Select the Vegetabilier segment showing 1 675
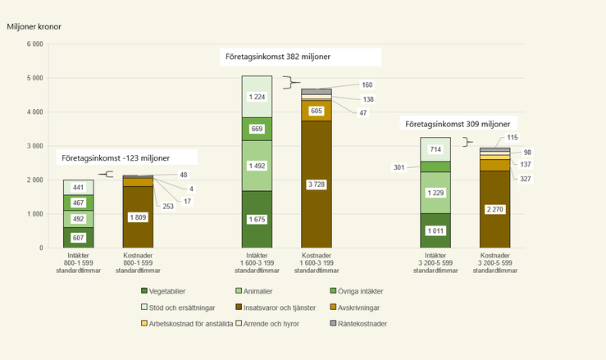pyautogui.click(x=257, y=219)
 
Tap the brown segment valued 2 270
pyautogui.click(x=494, y=209)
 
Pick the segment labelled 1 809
pyautogui.click(x=138, y=217)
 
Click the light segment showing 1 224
pyautogui.click(x=257, y=96)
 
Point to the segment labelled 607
pyautogui.click(x=79, y=237)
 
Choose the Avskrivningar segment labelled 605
pyautogui.click(x=316, y=111)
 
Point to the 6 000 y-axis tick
pyautogui.click(x=34, y=44)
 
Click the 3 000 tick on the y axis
pyautogui.click(x=34, y=146)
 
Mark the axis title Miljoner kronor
pyautogui.click(x=34, y=26)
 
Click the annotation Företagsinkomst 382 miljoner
pyautogui.click(x=302, y=57)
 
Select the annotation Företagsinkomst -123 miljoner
pyautogui.click(x=128, y=157)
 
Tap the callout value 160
pyautogui.click(x=367, y=84)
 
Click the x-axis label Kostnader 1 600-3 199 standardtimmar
pyautogui.click(x=316, y=263)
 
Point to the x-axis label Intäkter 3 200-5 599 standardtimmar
pyautogui.click(x=435, y=263)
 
